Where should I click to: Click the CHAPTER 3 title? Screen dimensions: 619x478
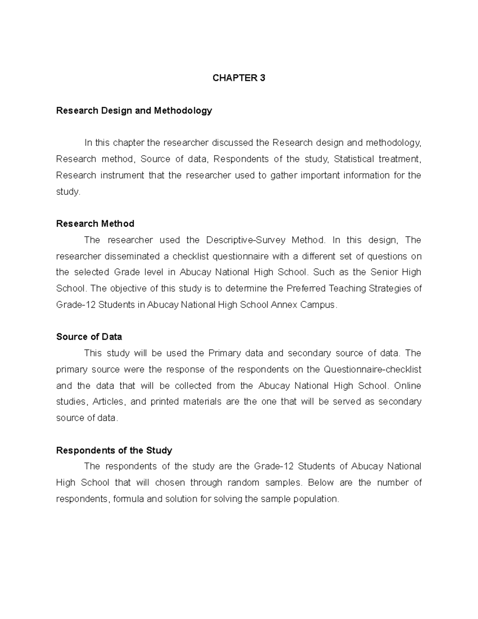click(x=239, y=78)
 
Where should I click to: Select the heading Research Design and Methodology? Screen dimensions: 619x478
click(x=134, y=110)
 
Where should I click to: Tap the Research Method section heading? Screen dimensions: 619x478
click(x=95, y=224)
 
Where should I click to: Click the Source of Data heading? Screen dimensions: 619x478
click(x=89, y=337)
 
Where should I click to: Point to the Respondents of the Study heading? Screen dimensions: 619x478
click(x=114, y=450)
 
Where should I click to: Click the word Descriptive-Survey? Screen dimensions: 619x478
click(x=246, y=240)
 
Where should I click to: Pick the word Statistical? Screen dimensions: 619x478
click(x=354, y=159)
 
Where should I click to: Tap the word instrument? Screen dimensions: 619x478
click(x=122, y=175)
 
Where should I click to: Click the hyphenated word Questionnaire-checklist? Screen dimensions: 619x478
click(x=372, y=369)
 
